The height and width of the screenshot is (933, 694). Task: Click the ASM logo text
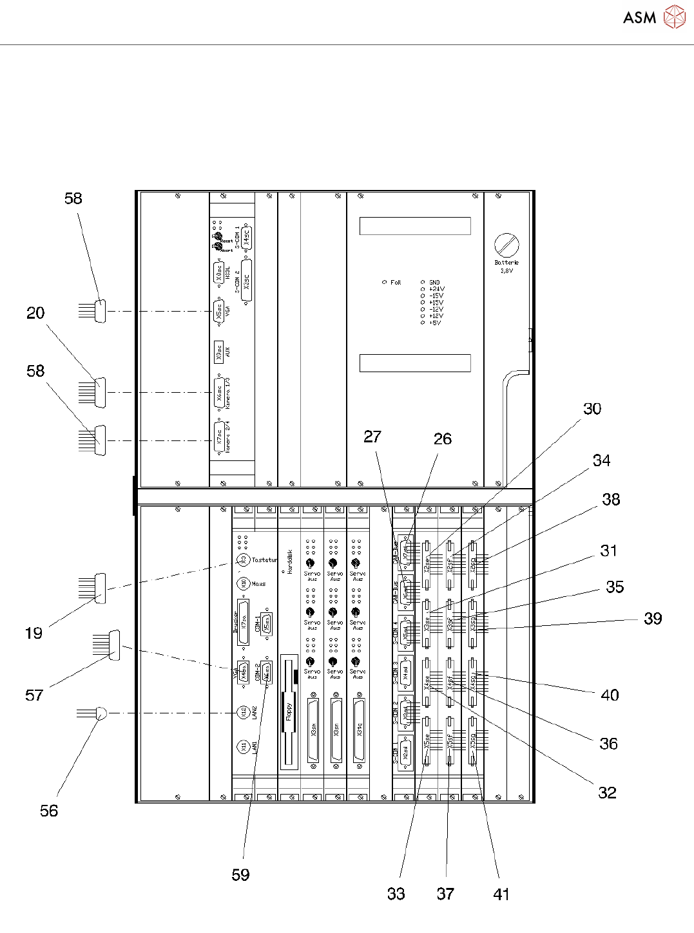click(639, 17)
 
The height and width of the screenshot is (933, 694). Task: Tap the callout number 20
click(35, 313)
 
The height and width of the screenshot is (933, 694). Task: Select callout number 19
click(34, 633)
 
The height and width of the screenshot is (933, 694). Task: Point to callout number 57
click(34, 695)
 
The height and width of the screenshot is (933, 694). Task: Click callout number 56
click(49, 811)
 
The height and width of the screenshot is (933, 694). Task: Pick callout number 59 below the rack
click(240, 874)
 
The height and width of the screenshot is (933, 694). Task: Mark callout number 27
click(372, 437)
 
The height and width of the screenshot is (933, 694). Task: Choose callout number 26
click(443, 438)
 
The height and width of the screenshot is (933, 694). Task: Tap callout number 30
click(592, 409)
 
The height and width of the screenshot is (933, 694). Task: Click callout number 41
click(501, 894)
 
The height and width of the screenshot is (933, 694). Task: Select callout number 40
click(610, 695)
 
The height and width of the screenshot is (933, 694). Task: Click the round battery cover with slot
click(506, 245)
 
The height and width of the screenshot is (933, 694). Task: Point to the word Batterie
click(506, 263)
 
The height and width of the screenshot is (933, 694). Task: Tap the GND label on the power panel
click(434, 282)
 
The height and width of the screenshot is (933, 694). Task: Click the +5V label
click(435, 323)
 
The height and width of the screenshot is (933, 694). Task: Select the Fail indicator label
click(395, 282)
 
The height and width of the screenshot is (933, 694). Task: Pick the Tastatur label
click(264, 560)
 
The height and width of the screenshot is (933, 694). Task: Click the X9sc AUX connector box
click(219, 351)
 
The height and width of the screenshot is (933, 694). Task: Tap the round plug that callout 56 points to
click(101, 713)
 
